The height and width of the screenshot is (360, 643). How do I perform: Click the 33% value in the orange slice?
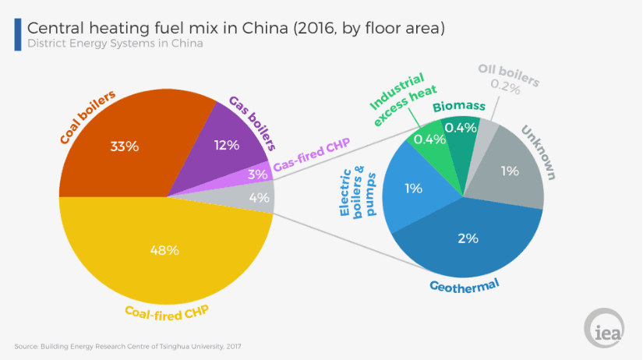124,146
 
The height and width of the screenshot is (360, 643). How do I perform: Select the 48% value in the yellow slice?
164,250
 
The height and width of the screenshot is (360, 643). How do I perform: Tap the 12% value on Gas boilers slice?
227,145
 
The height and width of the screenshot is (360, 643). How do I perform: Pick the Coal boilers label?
87,117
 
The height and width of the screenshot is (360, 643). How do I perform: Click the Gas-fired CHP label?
312,155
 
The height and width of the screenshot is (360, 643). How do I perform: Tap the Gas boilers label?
253,122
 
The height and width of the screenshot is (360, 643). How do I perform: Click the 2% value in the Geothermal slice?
468,238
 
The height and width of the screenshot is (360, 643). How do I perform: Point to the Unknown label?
539,153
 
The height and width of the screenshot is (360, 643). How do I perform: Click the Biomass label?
459,106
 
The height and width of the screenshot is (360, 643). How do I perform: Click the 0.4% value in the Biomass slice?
461,128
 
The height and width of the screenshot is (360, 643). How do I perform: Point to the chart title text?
236,28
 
